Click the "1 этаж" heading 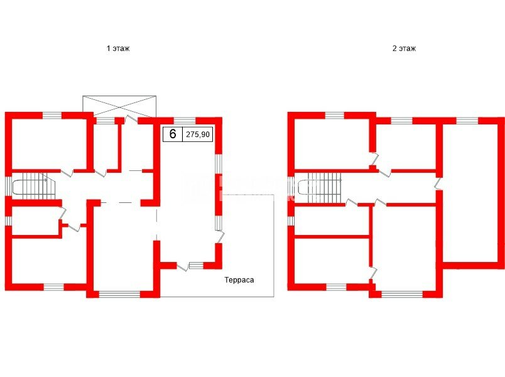[118, 48]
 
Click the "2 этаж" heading [404, 48]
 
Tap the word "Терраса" [239, 280]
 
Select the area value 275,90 [198, 134]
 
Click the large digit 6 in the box [173, 134]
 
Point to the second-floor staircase [320, 187]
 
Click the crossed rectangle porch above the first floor [119, 107]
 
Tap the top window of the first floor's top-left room [52, 116]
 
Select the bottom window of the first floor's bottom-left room [54, 287]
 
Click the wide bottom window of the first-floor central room [119, 294]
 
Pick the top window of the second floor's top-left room [335, 116]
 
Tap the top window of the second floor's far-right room [467, 121]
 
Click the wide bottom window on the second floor [402, 294]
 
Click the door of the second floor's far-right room [438, 183]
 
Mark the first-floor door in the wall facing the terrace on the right [220, 237]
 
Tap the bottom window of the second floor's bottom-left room [337, 287]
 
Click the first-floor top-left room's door [67, 172]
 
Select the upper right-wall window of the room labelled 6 [219, 164]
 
